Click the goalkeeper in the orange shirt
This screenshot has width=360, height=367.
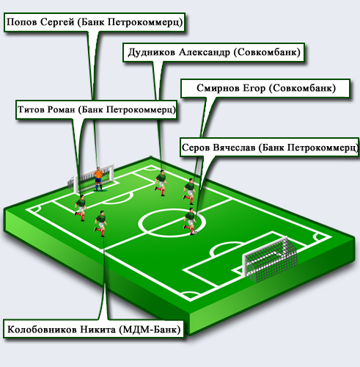pyautogui.click(x=98, y=178)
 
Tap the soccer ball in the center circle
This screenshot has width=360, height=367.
pyautogui.click(x=195, y=233)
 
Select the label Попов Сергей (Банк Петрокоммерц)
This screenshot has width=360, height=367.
pyautogui.click(x=95, y=22)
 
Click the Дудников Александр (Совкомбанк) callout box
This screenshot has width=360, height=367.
pyautogui.click(x=214, y=52)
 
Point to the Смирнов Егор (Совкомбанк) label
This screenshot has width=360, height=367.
pyautogui.click(x=266, y=88)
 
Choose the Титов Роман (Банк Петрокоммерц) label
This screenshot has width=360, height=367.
pyautogui.click(x=96, y=109)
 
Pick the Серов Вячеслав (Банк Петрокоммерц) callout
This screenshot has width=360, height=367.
pyautogui.click(x=270, y=148)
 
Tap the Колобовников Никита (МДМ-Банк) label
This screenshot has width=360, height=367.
pyautogui.click(x=94, y=329)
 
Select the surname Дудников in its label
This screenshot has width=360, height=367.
pyautogui.click(x=152, y=52)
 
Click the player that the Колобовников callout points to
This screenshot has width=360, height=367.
pyautogui.click(x=100, y=223)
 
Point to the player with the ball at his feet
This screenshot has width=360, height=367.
pyautogui.click(x=190, y=221)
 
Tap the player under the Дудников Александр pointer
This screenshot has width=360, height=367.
pyautogui.click(x=161, y=182)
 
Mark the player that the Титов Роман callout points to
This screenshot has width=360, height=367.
pyautogui.click(x=81, y=208)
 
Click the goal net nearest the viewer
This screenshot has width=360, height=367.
pyautogui.click(x=270, y=258)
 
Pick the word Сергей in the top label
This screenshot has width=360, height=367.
pyautogui.click(x=57, y=22)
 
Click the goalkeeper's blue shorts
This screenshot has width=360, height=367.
pyautogui.click(x=98, y=181)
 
